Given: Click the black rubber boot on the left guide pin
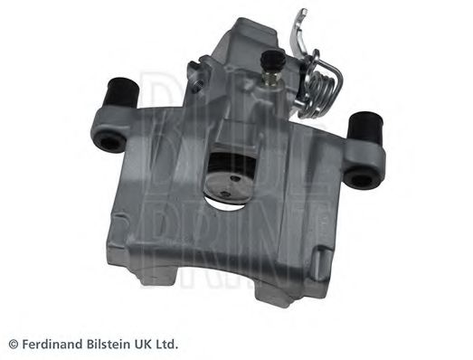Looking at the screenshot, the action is (x=123, y=92).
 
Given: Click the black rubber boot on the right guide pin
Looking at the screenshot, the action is (x=364, y=128).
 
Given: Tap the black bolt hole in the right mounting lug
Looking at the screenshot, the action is (x=361, y=180).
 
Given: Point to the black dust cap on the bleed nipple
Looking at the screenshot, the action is (x=273, y=62).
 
